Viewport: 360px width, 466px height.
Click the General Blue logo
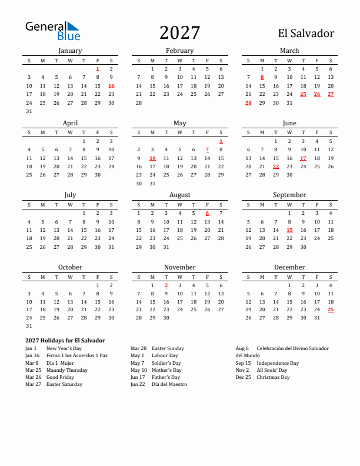pos(52,31)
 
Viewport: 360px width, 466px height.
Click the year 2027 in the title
pos(179,32)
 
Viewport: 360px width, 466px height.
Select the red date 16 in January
pos(111,86)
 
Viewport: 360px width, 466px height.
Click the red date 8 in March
pos(262,77)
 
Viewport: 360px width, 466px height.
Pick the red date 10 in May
pos(152,158)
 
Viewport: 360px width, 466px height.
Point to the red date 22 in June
pos(275,167)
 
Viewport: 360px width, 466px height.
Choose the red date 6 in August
pos(207,213)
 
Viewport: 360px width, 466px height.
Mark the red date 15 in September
pos(289,230)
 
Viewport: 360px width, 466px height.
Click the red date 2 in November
pos(166,285)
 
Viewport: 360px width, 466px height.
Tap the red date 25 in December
pos(331,309)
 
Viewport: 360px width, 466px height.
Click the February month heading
pos(179,51)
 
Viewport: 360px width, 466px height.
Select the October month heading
pos(70,267)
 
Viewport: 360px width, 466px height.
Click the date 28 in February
pos(139,102)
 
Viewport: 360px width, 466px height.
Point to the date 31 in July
pos(111,247)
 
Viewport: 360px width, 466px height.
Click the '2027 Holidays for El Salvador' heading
pos(65,340)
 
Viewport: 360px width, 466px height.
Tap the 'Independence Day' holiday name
pos(278,363)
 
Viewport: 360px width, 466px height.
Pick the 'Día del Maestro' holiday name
pos(169,384)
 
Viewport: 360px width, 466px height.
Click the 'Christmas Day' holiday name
pos(273,377)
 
